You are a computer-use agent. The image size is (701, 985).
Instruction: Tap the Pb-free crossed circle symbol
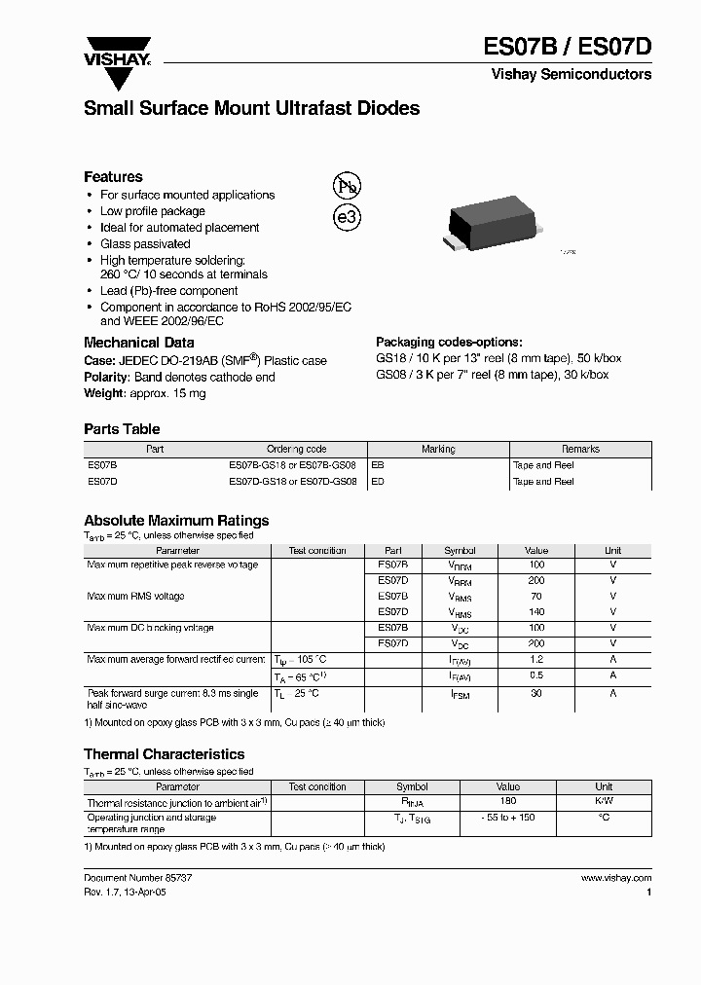pyautogui.click(x=348, y=187)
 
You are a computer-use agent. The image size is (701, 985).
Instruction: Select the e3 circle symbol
pyautogui.click(x=348, y=218)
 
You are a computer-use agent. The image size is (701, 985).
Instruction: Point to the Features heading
pyautogui.click(x=113, y=177)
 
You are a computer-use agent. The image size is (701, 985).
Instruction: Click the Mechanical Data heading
pyautogui.click(x=138, y=343)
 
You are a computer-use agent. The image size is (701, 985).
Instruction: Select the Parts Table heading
pyautogui.click(x=122, y=429)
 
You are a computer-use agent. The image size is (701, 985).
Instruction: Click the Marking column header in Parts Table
pyautogui.click(x=438, y=449)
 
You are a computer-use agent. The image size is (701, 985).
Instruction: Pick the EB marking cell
pyautogui.click(x=378, y=465)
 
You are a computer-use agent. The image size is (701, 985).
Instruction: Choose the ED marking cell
pyautogui.click(x=378, y=481)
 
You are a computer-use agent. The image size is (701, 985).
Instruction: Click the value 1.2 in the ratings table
pyautogui.click(x=536, y=660)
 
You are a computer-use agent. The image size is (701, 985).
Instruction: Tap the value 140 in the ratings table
pyautogui.click(x=536, y=612)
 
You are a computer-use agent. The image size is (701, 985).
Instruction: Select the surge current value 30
pyautogui.click(x=536, y=693)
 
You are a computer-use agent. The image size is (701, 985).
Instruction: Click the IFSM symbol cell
pyautogui.click(x=460, y=694)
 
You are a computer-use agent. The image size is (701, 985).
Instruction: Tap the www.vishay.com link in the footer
pyautogui.click(x=616, y=878)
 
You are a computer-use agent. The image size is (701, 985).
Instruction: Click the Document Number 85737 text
pyautogui.click(x=131, y=878)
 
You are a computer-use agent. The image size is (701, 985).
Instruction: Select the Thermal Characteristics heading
pyautogui.click(x=164, y=754)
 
